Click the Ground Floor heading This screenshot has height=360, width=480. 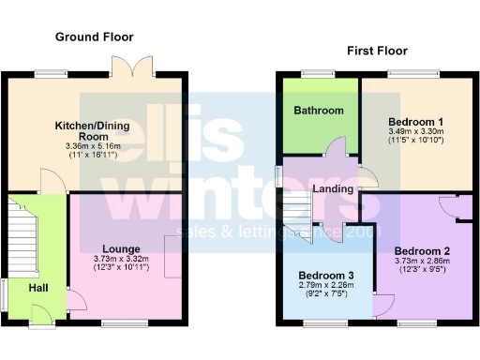94,37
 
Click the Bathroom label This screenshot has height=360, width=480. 319,111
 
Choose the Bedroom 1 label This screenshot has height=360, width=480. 415,122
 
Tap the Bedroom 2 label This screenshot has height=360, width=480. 422,250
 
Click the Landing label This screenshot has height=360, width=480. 335,189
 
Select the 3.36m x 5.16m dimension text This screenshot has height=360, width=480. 94,147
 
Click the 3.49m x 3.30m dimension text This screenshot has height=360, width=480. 415,133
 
